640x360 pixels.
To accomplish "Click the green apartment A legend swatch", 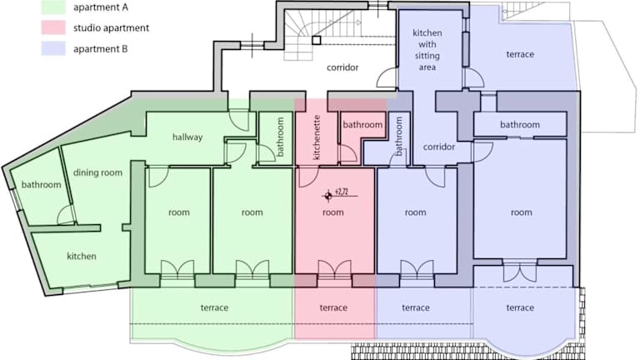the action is coord(53,7).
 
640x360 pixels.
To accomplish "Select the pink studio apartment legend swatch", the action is coord(53,27).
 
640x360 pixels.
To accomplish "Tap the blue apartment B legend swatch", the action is coord(53,48).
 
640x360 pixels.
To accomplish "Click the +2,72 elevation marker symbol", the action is coord(328,196).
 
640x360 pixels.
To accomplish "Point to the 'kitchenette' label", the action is coord(317,137).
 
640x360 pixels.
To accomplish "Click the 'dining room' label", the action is coord(97,172).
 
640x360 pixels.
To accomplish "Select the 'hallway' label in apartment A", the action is coord(187,137).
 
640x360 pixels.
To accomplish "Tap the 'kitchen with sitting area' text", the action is coord(427,50).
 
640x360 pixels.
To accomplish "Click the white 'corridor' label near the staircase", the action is coord(342,67).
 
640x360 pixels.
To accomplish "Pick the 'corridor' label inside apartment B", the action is coord(439,147).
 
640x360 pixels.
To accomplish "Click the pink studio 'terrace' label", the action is coord(333,307).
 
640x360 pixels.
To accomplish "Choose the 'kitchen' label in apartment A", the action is coord(82,257).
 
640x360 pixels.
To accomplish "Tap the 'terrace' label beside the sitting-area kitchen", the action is coord(520,54).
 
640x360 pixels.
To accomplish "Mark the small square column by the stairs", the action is coord(317,40).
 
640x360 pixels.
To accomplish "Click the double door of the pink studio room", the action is coord(334,269).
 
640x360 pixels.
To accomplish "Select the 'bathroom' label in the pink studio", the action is coord(362,124).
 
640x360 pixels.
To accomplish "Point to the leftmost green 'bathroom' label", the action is coord(41,184).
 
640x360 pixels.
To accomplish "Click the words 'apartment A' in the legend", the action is coord(100,7).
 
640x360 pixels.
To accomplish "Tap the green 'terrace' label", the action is coord(214,307).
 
